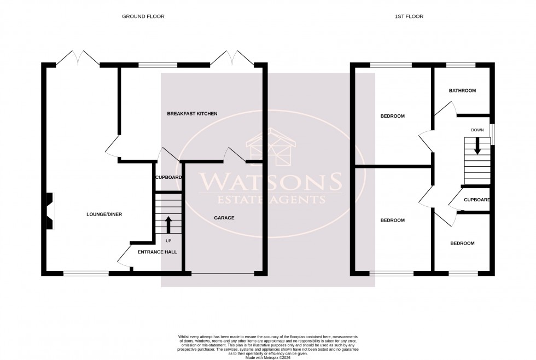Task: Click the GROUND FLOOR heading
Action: click(143, 16)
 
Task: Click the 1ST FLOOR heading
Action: click(409, 16)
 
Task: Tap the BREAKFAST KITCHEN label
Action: click(192, 114)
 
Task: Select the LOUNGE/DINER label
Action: click(104, 214)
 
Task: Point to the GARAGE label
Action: click(224, 218)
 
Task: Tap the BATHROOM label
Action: click(462, 91)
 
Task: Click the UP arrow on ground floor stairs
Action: click(168, 224)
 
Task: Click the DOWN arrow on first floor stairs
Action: click(477, 146)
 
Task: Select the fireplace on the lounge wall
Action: click(49, 211)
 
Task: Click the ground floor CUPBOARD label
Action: click(168, 178)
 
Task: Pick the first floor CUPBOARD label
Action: click(476, 200)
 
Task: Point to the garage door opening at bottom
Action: click(224, 272)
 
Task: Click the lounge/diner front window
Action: click(86, 272)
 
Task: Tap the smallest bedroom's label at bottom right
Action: click(462, 243)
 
